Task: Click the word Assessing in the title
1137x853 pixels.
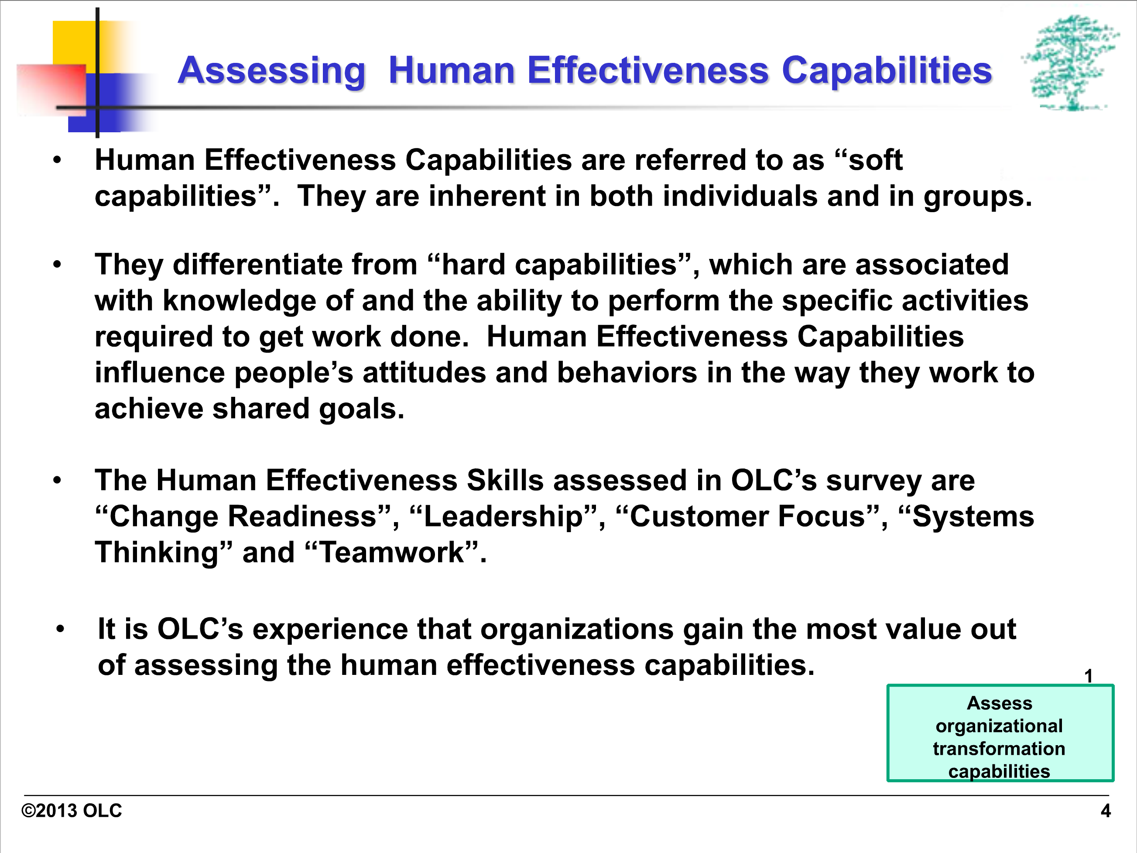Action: (x=271, y=71)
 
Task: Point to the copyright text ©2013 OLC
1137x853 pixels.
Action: (x=72, y=811)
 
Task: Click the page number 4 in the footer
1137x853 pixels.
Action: (x=1106, y=811)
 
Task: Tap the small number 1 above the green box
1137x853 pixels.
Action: (x=1089, y=676)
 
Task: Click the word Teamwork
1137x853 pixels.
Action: (x=392, y=553)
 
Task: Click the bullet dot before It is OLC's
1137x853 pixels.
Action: (x=61, y=629)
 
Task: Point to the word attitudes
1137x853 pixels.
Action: (x=425, y=373)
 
